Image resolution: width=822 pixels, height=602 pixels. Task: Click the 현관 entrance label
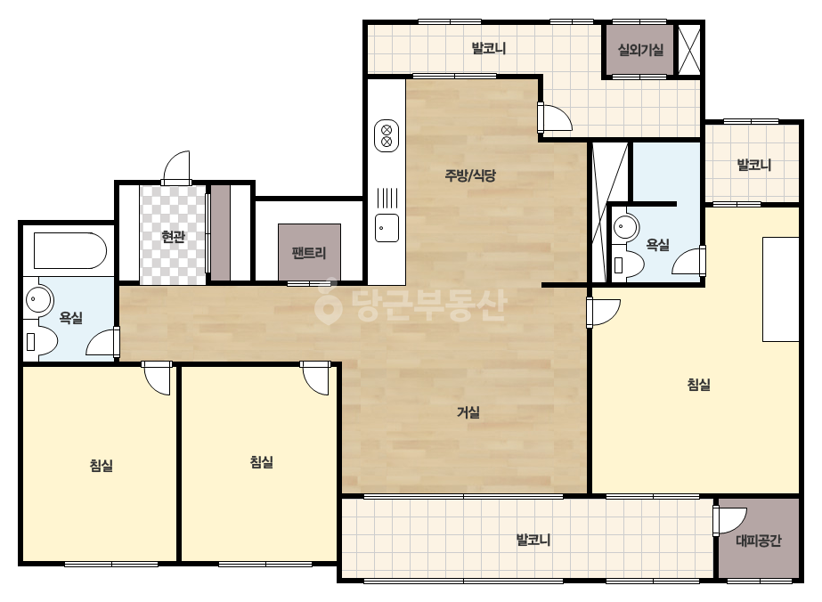click(x=174, y=237)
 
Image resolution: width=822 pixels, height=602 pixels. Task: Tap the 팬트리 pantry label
click(x=309, y=253)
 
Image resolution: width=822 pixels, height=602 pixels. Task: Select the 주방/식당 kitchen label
click(x=470, y=175)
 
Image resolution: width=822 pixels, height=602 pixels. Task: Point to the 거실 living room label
click(x=468, y=412)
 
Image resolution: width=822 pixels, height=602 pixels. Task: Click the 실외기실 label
click(x=640, y=50)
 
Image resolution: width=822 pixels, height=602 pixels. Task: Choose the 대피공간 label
click(x=759, y=541)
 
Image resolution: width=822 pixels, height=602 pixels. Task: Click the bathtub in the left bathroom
click(x=69, y=250)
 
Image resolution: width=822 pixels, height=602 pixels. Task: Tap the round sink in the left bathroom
click(x=39, y=299)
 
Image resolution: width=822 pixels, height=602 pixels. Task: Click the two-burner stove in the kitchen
click(x=387, y=136)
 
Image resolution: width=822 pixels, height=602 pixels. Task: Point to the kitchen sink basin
click(x=387, y=228)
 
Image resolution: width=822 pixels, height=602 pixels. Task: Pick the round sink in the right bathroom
click(x=626, y=227)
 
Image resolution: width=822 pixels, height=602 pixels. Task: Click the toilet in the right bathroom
click(x=629, y=264)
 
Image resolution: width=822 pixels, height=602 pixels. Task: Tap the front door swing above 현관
click(x=176, y=167)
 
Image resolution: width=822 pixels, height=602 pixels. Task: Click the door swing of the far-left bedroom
click(x=157, y=378)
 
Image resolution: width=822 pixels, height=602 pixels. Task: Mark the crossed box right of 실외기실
click(x=688, y=50)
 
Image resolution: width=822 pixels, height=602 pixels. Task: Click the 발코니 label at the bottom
click(x=533, y=540)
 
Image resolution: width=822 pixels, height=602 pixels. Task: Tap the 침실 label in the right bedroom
click(x=699, y=385)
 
